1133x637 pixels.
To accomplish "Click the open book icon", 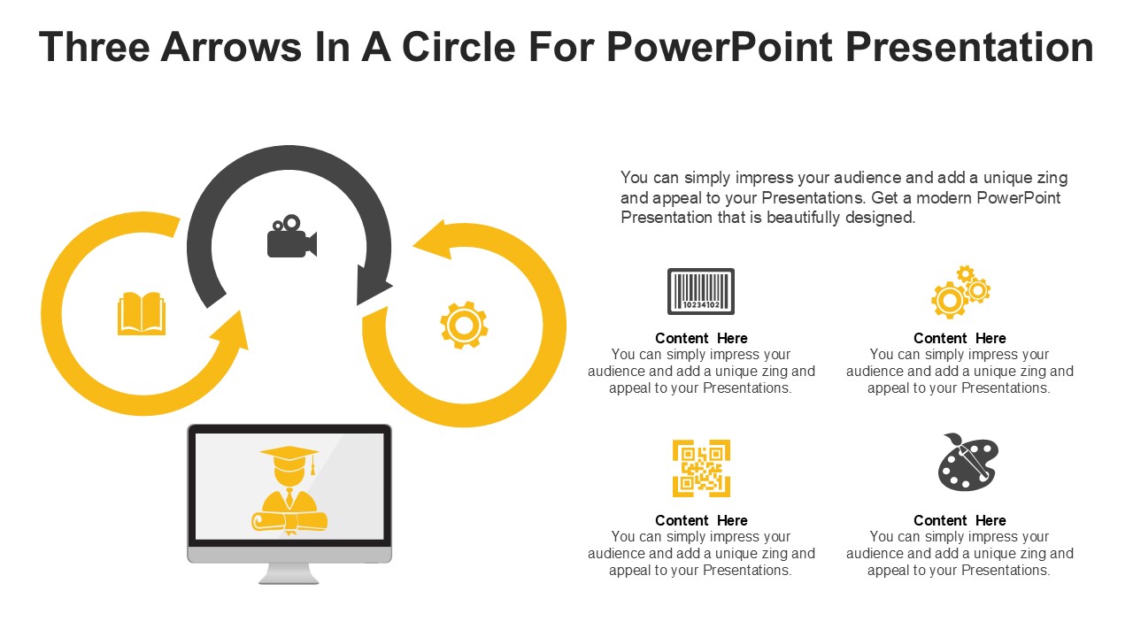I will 142,314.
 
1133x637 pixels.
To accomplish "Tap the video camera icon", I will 291,237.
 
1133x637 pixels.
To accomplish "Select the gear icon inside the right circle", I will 464,325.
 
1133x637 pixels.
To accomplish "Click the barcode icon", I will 700,291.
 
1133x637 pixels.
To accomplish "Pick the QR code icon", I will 701,468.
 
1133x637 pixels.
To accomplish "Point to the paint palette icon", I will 967,462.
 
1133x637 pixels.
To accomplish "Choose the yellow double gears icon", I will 960,292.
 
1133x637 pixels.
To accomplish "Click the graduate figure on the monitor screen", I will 289,496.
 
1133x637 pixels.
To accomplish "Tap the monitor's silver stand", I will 289,573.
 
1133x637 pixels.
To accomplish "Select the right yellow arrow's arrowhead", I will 434,240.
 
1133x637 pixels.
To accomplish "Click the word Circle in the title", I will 459,47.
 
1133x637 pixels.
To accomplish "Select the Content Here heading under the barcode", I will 701,338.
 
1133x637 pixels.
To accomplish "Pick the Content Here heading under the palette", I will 960,520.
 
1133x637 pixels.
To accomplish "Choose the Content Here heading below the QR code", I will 701,520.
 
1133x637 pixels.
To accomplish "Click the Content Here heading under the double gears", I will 960,338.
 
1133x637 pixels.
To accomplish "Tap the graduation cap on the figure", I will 289,455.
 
